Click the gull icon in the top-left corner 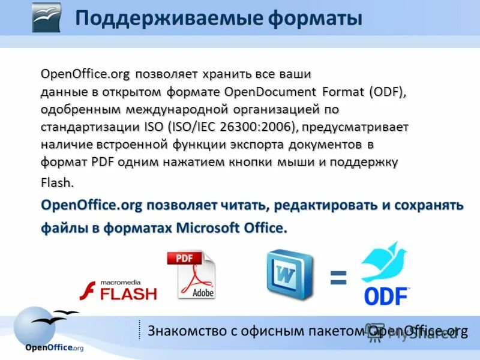46,17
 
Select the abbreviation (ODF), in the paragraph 388,92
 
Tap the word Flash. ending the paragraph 58,182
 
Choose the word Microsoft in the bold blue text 209,228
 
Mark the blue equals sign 338,277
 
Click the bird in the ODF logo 383,262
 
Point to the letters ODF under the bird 386,296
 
